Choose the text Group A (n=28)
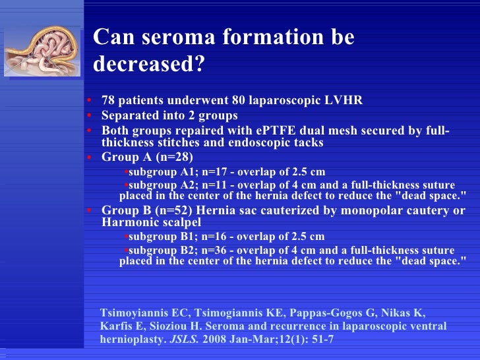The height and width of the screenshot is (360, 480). point(146,157)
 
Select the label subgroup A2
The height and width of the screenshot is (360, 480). point(158,185)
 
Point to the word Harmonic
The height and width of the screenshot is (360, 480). point(129,222)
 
